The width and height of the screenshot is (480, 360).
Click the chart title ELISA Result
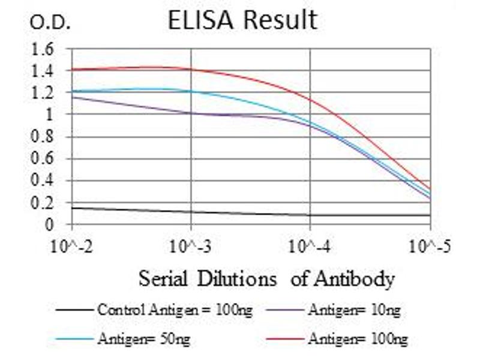(x=242, y=20)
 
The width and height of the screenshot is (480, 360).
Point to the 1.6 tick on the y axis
(x=43, y=49)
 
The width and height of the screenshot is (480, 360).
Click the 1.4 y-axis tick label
(x=43, y=71)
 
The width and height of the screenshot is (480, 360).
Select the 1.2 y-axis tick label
(x=43, y=93)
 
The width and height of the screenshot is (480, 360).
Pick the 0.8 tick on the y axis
(x=43, y=137)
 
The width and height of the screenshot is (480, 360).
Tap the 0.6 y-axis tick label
(x=43, y=159)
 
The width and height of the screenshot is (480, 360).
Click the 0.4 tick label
(x=43, y=181)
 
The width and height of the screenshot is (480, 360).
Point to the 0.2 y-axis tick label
(x=43, y=203)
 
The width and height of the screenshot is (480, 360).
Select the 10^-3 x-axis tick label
(x=191, y=246)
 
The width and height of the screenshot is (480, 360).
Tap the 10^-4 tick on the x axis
(x=310, y=246)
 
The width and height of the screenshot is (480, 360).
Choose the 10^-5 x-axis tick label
(x=430, y=246)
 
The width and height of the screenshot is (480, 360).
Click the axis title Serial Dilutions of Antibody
(x=267, y=279)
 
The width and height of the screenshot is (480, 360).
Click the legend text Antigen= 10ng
(x=353, y=310)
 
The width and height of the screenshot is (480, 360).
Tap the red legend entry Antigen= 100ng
(x=358, y=339)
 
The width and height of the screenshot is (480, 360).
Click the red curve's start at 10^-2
(x=72, y=70)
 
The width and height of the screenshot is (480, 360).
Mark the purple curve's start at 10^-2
(x=72, y=97)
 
